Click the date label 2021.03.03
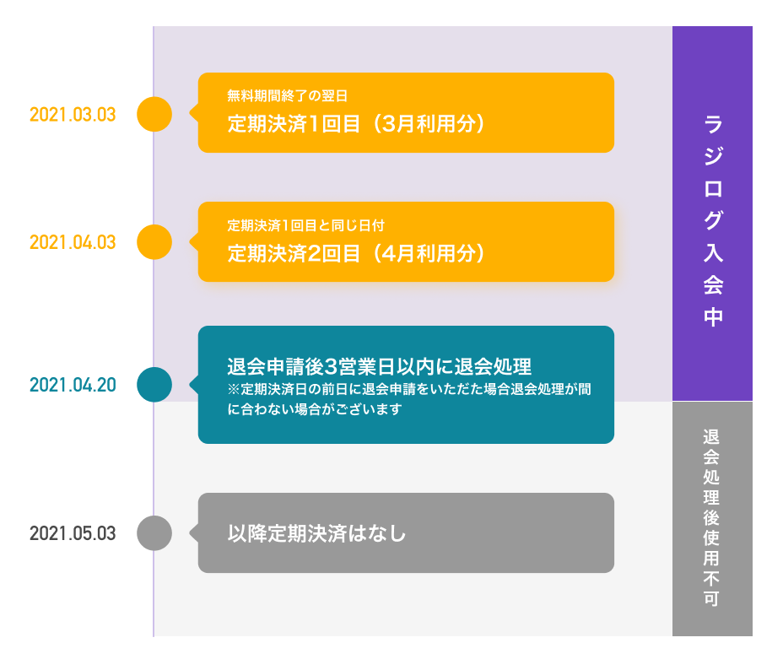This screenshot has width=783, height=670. [73, 115]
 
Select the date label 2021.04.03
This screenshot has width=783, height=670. [73, 243]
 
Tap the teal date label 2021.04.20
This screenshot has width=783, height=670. [73, 386]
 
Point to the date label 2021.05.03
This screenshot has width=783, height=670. [73, 534]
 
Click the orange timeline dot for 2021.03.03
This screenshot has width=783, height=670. [154, 114]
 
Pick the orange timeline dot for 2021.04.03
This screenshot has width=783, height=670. [154, 242]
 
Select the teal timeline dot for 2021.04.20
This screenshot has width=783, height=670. [154, 385]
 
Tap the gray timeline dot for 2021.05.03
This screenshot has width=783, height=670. [154, 533]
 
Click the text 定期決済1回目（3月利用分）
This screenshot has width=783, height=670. [358, 123]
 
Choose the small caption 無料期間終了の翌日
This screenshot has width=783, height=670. [288, 96]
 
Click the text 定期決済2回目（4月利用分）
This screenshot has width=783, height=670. [358, 252]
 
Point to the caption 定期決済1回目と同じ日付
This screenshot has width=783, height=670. [306, 225]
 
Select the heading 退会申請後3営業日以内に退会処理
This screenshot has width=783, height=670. [379, 367]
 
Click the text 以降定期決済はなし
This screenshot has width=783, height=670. [317, 533]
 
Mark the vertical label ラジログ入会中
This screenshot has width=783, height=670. [713, 219]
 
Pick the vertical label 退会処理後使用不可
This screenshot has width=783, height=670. [711, 518]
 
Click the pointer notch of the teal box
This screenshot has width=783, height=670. [194, 385]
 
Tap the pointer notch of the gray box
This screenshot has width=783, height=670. [194, 533]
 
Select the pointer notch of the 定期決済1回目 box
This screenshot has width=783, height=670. [194, 114]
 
